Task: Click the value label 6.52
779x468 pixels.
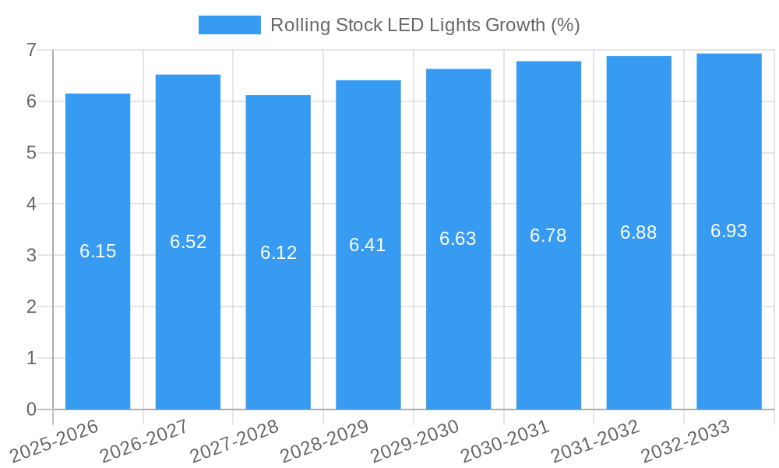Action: point(188,242)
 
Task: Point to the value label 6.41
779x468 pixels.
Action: point(368,245)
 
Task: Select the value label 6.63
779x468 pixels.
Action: point(458,239)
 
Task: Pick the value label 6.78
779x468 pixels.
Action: point(548,236)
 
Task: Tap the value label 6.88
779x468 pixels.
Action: point(639,232)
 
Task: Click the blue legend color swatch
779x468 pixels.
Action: point(230,25)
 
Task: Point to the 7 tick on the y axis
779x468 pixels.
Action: point(31,50)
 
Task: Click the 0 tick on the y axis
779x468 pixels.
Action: point(31,409)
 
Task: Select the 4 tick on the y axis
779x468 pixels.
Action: point(31,204)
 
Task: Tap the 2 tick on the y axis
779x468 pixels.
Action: point(31,307)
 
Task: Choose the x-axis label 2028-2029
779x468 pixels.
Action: point(324,441)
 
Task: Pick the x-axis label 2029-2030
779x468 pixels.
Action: point(414,441)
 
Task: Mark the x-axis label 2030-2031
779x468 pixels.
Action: point(505,441)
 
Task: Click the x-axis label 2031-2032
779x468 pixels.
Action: point(595,441)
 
